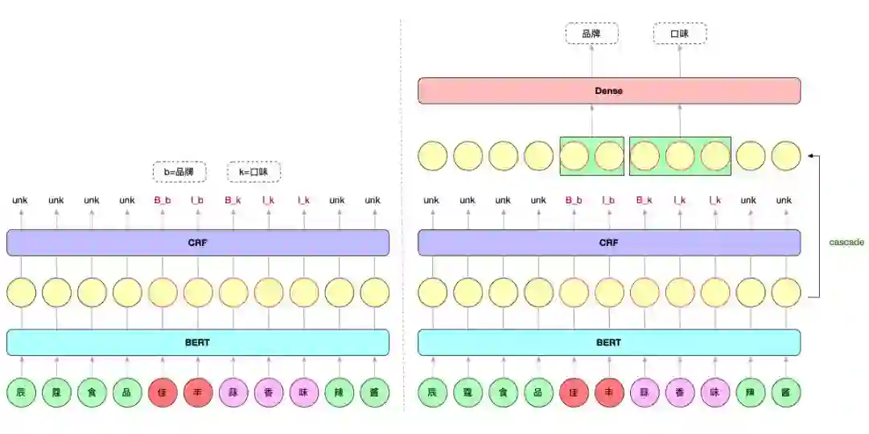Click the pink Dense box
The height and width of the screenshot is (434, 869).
tap(609, 91)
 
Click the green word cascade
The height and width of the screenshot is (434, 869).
tap(846, 242)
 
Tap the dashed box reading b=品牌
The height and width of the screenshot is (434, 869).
tap(179, 171)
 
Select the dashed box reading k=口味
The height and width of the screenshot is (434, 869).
tap(254, 171)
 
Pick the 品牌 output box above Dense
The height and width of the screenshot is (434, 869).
tap(591, 34)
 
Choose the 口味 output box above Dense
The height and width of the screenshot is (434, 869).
tap(680, 34)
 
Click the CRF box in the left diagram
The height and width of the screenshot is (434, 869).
tap(197, 243)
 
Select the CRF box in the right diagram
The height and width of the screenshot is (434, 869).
tap(609, 243)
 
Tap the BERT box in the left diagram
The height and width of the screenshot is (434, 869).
tap(197, 342)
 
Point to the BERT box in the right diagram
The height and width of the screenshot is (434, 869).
tap(609, 342)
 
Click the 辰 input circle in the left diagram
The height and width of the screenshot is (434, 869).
tap(21, 393)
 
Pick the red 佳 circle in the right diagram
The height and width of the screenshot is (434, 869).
tap(574, 393)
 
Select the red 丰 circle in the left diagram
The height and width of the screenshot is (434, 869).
tap(198, 393)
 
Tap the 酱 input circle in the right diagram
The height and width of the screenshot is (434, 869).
tap(785, 393)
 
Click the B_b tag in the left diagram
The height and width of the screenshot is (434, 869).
tap(163, 200)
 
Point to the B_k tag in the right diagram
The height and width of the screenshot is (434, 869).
tap(645, 200)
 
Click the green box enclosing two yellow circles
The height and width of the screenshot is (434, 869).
tap(591, 156)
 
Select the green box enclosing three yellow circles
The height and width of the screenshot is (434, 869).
tap(680, 156)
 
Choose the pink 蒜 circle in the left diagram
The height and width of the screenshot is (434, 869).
tap(233, 393)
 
